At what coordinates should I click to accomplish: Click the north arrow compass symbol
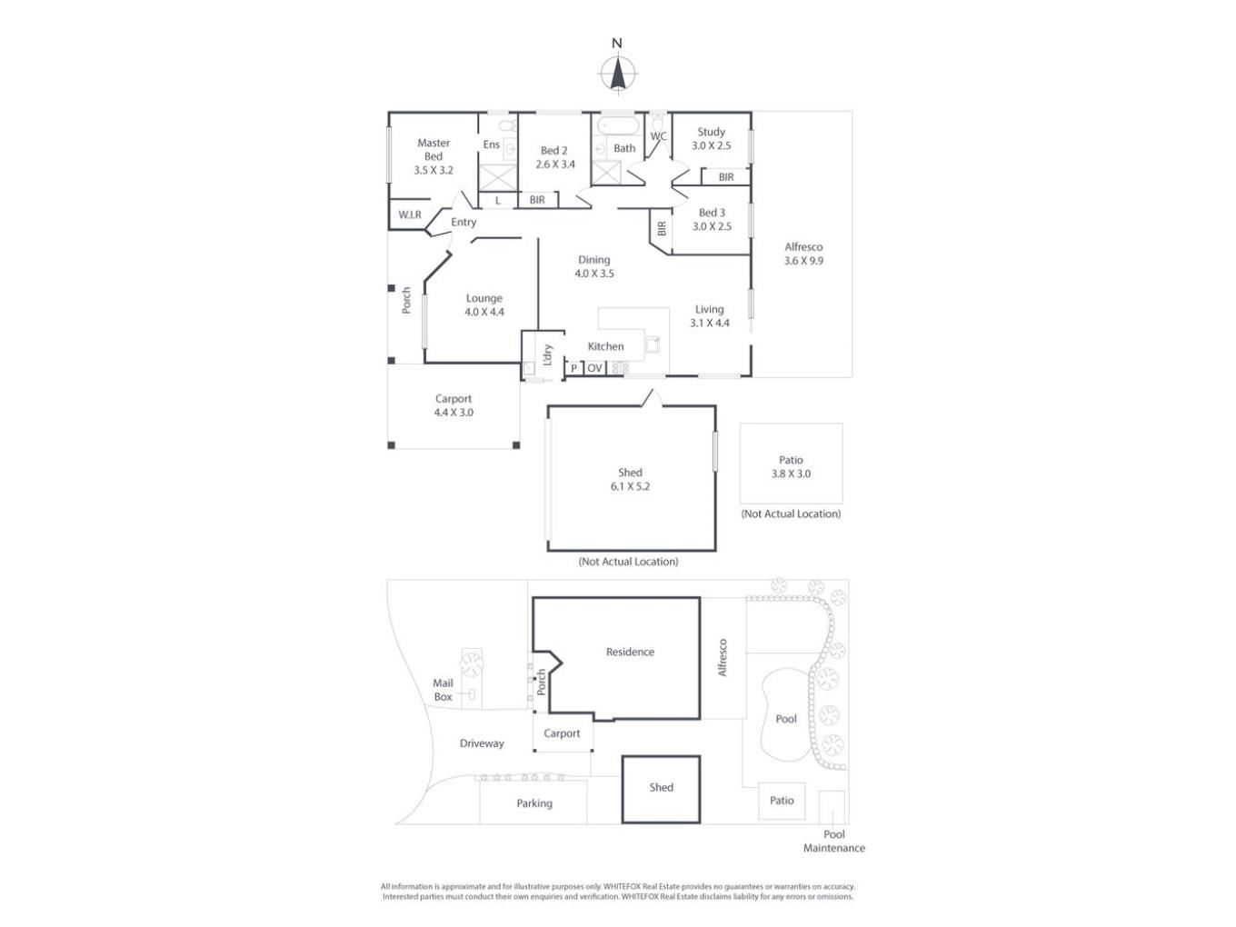pyautogui.click(x=617, y=74)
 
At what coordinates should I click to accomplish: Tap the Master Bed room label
pyautogui.click(x=433, y=156)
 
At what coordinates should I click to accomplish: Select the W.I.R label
pyautogui.click(x=409, y=214)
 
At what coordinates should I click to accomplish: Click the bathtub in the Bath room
pyautogui.click(x=618, y=125)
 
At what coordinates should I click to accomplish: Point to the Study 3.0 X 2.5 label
pyautogui.click(x=712, y=138)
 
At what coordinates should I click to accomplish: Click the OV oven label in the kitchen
pyautogui.click(x=594, y=367)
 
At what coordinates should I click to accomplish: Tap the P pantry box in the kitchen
pyautogui.click(x=573, y=368)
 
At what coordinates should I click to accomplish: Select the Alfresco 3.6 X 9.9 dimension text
pyautogui.click(x=803, y=261)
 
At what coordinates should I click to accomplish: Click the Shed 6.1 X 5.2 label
pyautogui.click(x=630, y=479)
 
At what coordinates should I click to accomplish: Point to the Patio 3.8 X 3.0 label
pyautogui.click(x=791, y=466)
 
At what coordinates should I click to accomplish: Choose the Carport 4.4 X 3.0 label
pyautogui.click(x=454, y=405)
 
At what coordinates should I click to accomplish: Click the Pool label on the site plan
pyautogui.click(x=785, y=719)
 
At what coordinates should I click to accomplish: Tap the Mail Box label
pyautogui.click(x=443, y=690)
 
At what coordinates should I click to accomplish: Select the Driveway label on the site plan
pyautogui.click(x=482, y=743)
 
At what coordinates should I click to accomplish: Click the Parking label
pyautogui.click(x=534, y=803)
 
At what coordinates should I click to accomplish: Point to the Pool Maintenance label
pyautogui.click(x=834, y=841)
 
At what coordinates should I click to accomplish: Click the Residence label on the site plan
pyautogui.click(x=630, y=652)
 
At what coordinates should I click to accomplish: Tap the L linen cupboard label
pyautogui.click(x=498, y=200)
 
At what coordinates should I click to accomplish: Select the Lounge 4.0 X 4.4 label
pyautogui.click(x=484, y=305)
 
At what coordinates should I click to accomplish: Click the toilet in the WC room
pyautogui.click(x=657, y=122)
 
